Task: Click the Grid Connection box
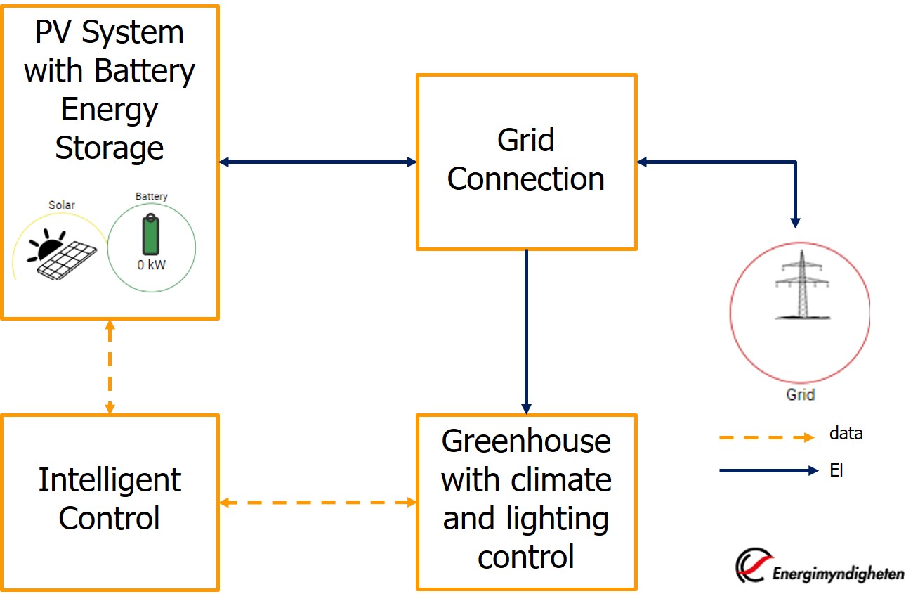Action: [x=526, y=162]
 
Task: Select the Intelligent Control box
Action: [x=110, y=501]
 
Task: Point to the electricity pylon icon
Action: [x=799, y=286]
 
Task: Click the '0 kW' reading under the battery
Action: [x=152, y=266]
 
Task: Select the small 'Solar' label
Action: [x=62, y=205]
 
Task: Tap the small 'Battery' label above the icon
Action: [x=152, y=197]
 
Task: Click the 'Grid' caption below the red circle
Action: [x=800, y=394]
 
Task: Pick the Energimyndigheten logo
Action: [x=819, y=566]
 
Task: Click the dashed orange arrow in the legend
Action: [x=766, y=437]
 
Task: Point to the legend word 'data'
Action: [x=846, y=434]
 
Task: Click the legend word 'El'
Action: [x=836, y=470]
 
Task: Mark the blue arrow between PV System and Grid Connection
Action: [x=317, y=162]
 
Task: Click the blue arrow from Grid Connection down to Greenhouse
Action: [x=526, y=330]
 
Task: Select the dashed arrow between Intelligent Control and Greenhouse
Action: [x=317, y=502]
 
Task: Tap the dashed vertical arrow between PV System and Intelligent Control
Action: [x=110, y=366]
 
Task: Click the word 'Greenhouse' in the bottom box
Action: [x=526, y=441]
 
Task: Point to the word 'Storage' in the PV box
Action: [x=110, y=148]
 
